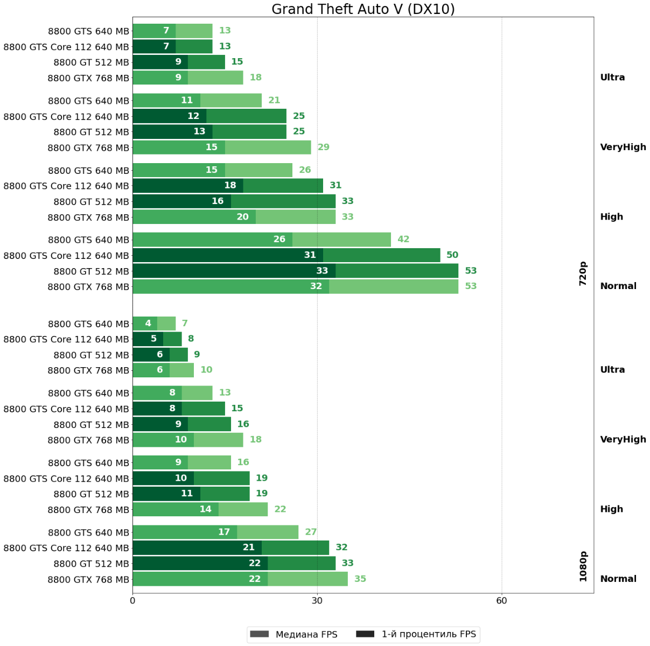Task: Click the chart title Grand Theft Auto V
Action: tap(363, 9)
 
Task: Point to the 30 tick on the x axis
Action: tap(317, 601)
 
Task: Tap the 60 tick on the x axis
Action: tap(501, 601)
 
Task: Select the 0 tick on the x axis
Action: tap(132, 601)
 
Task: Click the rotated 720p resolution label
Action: tap(583, 273)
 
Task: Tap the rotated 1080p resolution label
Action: tap(583, 566)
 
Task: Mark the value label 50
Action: tap(452, 255)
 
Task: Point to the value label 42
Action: tap(403, 240)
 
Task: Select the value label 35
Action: tap(360, 579)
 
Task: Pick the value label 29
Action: tap(323, 148)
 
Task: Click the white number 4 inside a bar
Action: tap(148, 324)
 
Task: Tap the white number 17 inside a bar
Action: tap(224, 532)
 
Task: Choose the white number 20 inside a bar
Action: tap(243, 217)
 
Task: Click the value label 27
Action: tap(311, 532)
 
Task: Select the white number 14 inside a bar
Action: tap(206, 509)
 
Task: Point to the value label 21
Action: tap(274, 101)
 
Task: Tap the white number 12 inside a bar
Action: tap(193, 116)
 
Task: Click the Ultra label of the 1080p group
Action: tap(612, 370)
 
